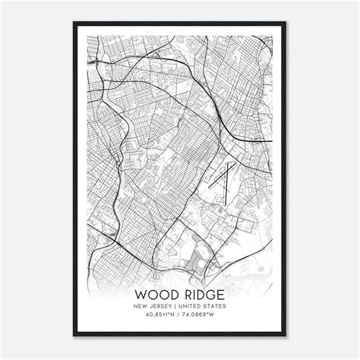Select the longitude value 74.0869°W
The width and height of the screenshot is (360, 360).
202,316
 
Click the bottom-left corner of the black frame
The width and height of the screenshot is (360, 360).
74,336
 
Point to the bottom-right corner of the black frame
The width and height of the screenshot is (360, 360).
286,336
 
